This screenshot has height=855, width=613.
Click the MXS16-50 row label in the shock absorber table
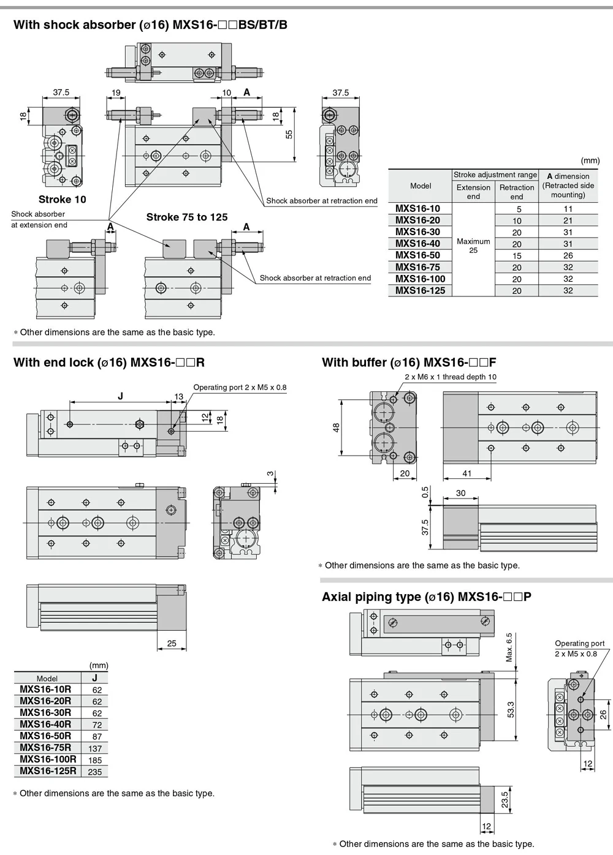(417, 255)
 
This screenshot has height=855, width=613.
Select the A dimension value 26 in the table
(568, 255)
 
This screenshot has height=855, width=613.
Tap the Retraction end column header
(517, 192)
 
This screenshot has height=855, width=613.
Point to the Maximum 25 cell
(473, 246)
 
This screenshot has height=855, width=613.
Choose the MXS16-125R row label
(48, 771)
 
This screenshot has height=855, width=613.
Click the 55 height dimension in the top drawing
(289, 134)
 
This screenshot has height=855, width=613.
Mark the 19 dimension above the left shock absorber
(116, 92)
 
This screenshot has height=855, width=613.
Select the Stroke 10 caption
(63, 199)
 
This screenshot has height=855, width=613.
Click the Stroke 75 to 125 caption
(187, 217)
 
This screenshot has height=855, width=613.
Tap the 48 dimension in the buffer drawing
(336, 428)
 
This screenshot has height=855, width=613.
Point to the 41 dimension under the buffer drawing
(466, 473)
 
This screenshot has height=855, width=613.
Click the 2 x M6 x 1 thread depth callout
(451, 377)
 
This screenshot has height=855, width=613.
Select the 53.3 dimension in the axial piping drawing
(511, 710)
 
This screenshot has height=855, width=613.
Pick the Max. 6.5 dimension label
(509, 647)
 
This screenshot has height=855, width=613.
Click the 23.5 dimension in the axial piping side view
(504, 800)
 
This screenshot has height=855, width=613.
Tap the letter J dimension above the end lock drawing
(120, 396)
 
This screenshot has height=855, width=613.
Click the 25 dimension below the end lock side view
(172, 644)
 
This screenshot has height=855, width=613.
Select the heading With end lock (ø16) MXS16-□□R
(109, 362)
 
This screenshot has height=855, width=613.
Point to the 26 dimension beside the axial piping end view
(603, 715)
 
